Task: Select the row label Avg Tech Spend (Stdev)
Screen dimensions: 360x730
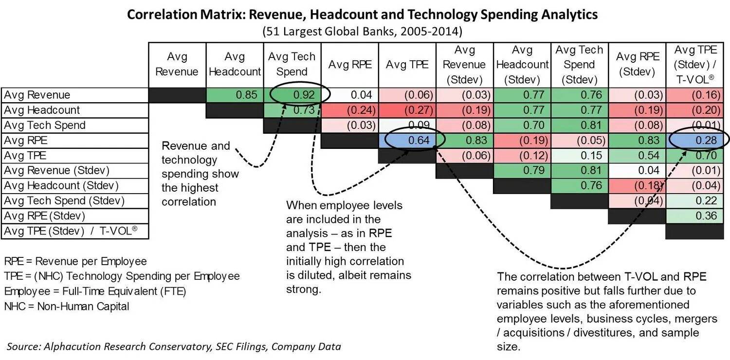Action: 64,200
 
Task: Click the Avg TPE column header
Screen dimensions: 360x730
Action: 407,65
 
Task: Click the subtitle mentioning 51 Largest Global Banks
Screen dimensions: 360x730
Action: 362,32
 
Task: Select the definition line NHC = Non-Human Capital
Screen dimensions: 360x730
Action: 67,306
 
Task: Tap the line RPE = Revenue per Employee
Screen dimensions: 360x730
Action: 75,261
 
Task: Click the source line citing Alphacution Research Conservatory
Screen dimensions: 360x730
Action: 174,346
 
